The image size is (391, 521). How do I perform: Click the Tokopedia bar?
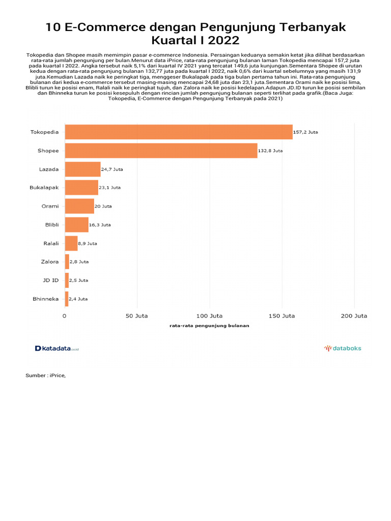[178, 132]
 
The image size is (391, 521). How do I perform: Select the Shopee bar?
[161, 151]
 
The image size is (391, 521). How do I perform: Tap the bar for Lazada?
[82, 169]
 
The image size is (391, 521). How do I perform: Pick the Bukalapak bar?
[81, 188]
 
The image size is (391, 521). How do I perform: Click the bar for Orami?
[79, 206]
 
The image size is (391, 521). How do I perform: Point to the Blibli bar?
[76, 224]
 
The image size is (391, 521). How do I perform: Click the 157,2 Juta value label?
[306, 132]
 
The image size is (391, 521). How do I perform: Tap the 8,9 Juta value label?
[88, 243]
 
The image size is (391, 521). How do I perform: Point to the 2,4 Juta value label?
[78, 299]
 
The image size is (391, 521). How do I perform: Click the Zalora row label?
[50, 262]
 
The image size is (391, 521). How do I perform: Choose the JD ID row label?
[50, 280]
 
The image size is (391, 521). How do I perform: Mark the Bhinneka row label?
[45, 299]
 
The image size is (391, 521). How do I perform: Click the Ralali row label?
[51, 243]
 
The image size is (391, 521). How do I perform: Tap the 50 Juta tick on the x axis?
[136, 315]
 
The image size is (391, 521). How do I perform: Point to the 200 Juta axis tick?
[354, 315]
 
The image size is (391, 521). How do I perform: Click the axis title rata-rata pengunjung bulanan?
[209, 326]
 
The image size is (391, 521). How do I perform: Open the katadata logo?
[57, 349]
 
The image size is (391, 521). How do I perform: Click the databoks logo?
[343, 349]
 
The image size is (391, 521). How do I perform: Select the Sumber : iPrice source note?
[46, 375]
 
